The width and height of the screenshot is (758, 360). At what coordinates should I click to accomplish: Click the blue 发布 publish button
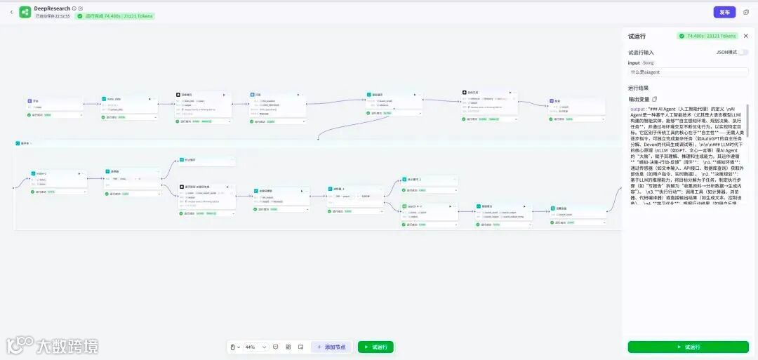724,12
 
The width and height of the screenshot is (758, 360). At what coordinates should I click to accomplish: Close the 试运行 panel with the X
746,36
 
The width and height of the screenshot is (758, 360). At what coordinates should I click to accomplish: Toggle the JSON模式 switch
743,52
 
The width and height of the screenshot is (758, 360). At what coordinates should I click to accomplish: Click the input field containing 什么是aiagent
688,72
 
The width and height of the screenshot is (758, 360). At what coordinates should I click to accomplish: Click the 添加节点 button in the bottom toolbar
331,347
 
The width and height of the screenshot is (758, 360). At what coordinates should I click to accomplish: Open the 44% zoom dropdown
255,347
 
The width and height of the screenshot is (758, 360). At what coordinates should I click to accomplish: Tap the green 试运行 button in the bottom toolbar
375,347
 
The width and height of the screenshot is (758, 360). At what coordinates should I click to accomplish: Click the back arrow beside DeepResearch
11,12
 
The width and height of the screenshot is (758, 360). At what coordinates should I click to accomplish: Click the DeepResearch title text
52,8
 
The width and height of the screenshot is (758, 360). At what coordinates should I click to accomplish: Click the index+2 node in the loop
52,173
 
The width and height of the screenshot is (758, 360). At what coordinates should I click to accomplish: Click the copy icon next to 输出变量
654,99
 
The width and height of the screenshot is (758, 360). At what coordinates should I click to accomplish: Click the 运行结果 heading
638,88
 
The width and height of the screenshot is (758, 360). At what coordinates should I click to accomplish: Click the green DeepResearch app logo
25,12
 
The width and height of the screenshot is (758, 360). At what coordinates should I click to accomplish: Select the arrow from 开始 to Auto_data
91,104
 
